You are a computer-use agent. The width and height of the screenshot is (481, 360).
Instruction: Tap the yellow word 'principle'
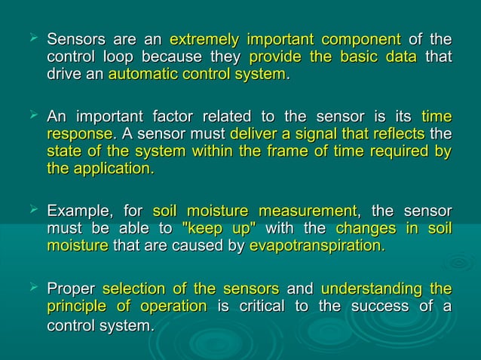tap(76, 306)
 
